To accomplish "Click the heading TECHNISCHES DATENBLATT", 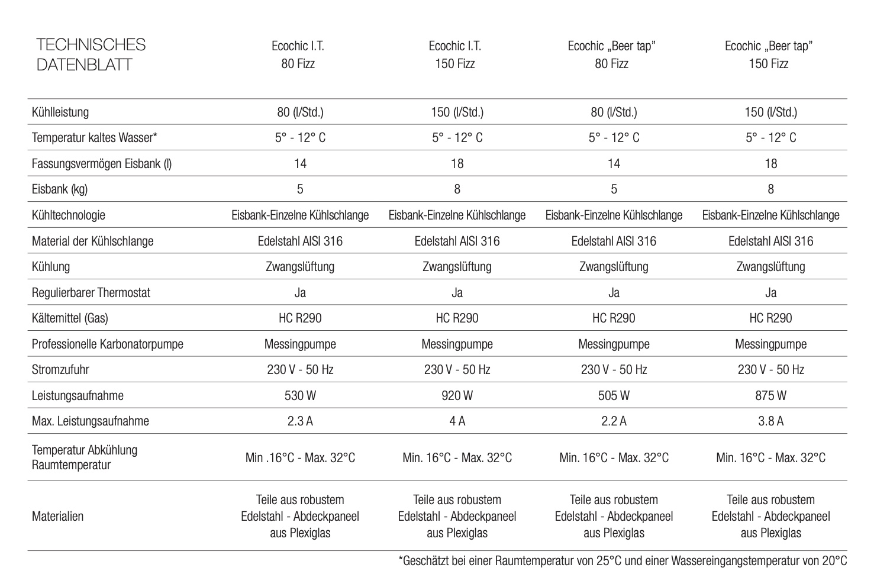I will point(91,54).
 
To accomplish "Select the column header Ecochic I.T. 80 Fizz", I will point(298,54).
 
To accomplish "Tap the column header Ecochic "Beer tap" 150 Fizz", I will point(768,54).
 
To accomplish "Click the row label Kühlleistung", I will point(60,112).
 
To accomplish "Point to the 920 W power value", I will point(457,395).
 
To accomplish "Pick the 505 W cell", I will point(614,395).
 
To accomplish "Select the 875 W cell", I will point(770,395).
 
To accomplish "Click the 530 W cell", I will point(300,395).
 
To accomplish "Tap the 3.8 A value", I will point(770,421).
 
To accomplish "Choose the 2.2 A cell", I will point(614,421).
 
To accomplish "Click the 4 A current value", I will point(457,421).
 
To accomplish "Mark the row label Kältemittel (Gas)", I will point(70,318).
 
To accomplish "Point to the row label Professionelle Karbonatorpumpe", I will point(108,344).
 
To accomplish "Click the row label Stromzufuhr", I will point(60,370).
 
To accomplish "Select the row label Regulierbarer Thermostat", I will point(91,293).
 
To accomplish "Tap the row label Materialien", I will point(57,517).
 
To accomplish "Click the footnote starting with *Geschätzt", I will point(623,561).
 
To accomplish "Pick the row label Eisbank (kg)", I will point(60,189).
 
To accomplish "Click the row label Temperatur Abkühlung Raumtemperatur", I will point(85,457).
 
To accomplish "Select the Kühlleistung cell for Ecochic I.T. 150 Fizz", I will point(457,112).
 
